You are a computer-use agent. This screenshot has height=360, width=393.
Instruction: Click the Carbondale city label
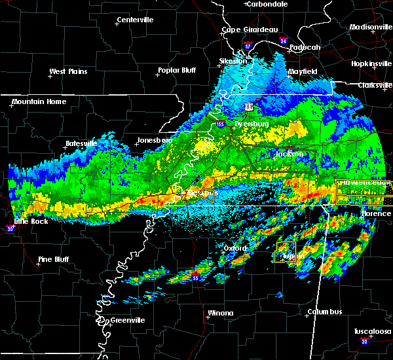tap(269, 4)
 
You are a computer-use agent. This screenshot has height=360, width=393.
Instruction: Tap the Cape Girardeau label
tap(250, 29)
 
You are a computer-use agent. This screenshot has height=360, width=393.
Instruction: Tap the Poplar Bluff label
tap(177, 70)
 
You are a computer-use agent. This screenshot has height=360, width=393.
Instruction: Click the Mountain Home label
tap(39, 101)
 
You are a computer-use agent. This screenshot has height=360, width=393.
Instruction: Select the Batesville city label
tap(81, 143)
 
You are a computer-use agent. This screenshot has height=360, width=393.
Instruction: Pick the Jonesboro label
tap(154, 140)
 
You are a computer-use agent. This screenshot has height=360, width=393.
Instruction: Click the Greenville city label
tap(127, 320)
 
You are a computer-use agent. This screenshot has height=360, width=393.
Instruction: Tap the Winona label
tap(220, 313)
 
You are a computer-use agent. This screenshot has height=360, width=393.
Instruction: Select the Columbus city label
tap(326, 312)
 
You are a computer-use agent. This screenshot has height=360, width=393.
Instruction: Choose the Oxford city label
tap(236, 249)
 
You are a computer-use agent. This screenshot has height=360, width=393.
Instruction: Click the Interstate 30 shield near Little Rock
tap(10, 229)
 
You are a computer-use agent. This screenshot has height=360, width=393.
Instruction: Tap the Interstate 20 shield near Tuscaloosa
tap(364, 342)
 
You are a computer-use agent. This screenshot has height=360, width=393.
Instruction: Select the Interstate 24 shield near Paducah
tap(284, 41)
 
